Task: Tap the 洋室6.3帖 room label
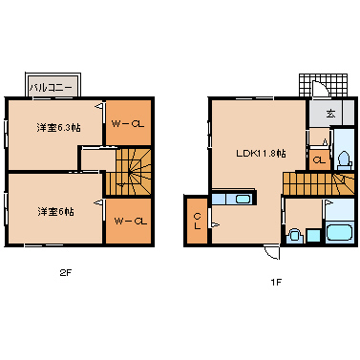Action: click(x=58, y=127)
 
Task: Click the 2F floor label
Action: click(x=64, y=272)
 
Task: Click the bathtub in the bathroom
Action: click(x=339, y=233)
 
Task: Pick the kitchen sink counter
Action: click(x=231, y=200)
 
